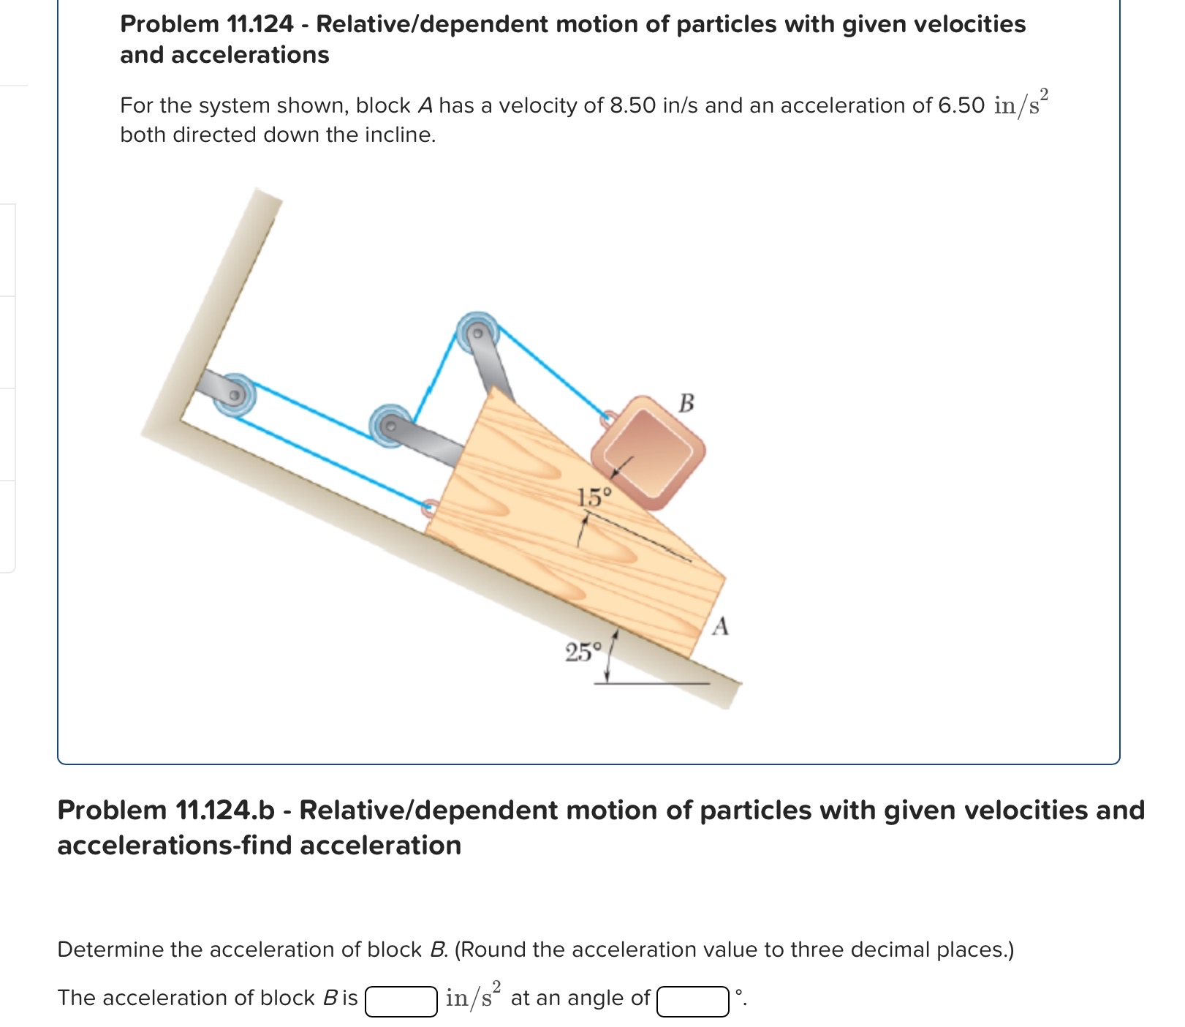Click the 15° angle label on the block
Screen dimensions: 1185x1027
[594, 498]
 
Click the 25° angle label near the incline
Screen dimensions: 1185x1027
[583, 652]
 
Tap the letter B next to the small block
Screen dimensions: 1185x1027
[686, 403]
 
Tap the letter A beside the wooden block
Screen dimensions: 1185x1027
[721, 627]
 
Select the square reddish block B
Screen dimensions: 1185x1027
[648, 452]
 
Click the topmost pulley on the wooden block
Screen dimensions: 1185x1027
[477, 333]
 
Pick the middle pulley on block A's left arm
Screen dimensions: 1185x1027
[390, 425]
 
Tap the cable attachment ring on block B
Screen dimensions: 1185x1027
[607, 420]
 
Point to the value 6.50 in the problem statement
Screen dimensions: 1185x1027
[961, 106]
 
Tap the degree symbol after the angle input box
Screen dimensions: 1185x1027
[739, 993]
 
